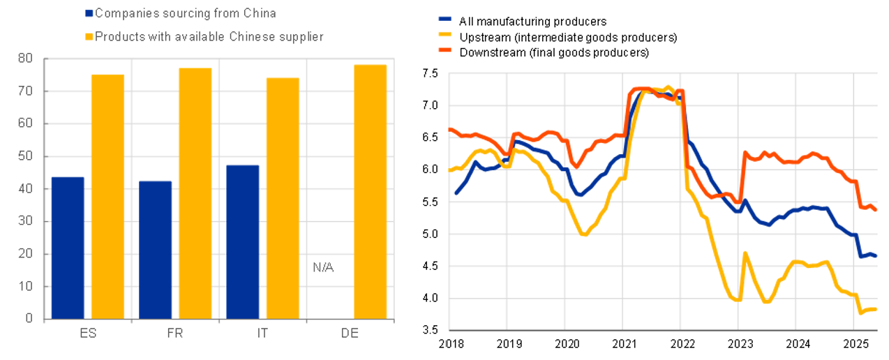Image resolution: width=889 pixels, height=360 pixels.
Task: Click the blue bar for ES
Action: (x=68, y=248)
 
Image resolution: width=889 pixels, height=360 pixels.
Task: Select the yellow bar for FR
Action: (x=195, y=193)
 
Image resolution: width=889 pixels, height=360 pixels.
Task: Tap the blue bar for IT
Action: (x=243, y=241)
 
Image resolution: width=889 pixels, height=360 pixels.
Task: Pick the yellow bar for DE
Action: (x=371, y=192)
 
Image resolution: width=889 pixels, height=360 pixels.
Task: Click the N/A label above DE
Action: (x=322, y=267)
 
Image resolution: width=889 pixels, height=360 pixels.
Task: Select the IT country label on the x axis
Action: (x=262, y=333)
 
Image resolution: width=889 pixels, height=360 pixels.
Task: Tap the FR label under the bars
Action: (x=175, y=333)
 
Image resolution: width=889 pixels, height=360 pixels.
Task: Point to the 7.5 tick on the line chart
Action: (x=429, y=73)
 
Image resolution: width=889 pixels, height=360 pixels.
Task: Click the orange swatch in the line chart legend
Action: (x=444, y=52)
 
